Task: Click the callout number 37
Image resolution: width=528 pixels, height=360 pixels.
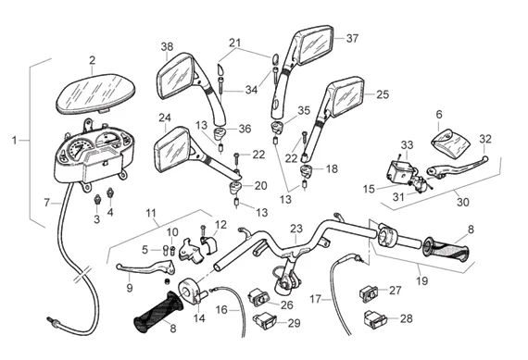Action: pyautogui.click(x=352, y=38)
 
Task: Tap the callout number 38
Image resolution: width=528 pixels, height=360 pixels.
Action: pyautogui.click(x=167, y=47)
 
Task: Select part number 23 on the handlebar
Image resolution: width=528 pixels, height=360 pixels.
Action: pyautogui.click(x=296, y=230)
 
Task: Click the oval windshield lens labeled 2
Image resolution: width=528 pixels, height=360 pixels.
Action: pyautogui.click(x=95, y=94)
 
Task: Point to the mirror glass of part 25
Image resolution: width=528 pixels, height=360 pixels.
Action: pyautogui.click(x=347, y=95)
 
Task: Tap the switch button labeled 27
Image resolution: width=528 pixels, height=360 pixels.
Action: pyautogui.click(x=369, y=293)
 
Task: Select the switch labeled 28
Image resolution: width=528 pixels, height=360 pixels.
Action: pyautogui.click(x=375, y=319)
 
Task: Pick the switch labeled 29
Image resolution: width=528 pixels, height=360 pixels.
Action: pyautogui.click(x=264, y=321)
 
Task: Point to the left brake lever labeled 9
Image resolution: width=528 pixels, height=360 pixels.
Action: pyautogui.click(x=145, y=267)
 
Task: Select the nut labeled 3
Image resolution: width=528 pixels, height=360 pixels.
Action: pyautogui.click(x=97, y=199)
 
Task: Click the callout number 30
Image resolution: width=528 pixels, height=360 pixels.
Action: pyautogui.click(x=463, y=202)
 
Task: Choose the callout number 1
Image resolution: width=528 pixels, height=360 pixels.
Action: pyautogui.click(x=14, y=140)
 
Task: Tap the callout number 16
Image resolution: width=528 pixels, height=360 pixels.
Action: pyautogui.click(x=222, y=309)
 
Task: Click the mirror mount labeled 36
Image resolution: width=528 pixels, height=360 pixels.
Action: pyautogui.click(x=220, y=133)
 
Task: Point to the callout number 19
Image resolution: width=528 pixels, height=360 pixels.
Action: pyautogui.click(x=421, y=280)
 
